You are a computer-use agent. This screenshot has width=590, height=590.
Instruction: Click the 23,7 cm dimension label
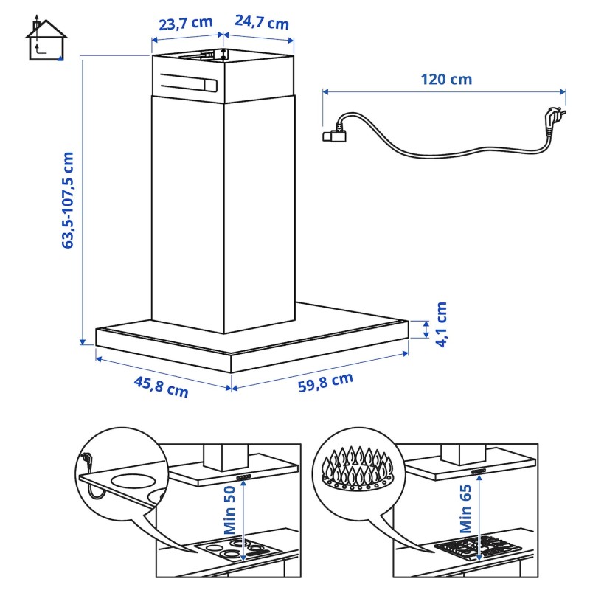[186, 24]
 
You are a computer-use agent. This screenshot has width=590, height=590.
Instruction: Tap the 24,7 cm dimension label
[262, 23]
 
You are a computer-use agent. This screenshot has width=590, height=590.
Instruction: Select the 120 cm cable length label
[446, 80]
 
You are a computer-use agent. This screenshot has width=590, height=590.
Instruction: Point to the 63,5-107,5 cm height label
[68, 200]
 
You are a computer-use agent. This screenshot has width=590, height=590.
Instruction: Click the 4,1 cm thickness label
[441, 324]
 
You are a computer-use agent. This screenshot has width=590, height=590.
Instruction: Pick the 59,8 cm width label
[325, 382]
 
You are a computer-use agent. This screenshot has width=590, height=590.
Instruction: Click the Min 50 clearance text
[229, 510]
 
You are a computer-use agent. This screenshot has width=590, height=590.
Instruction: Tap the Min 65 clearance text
[466, 508]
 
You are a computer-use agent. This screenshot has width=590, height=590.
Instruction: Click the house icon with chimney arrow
[46, 38]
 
